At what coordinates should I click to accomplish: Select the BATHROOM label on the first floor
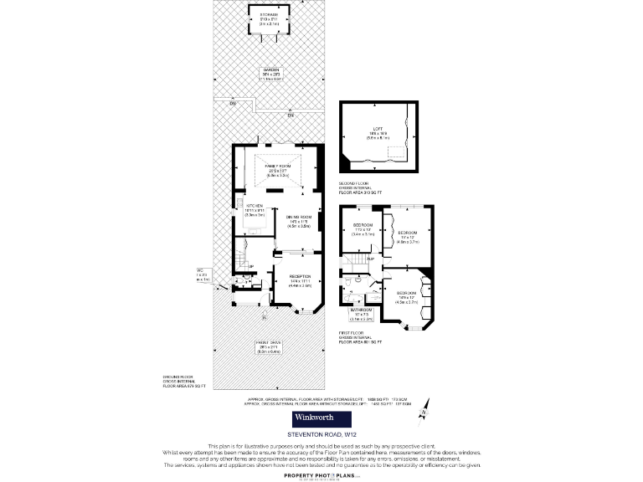click(x=362, y=313)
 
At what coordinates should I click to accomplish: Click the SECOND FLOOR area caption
click(x=360, y=188)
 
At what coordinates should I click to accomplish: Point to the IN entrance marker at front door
click(x=265, y=318)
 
